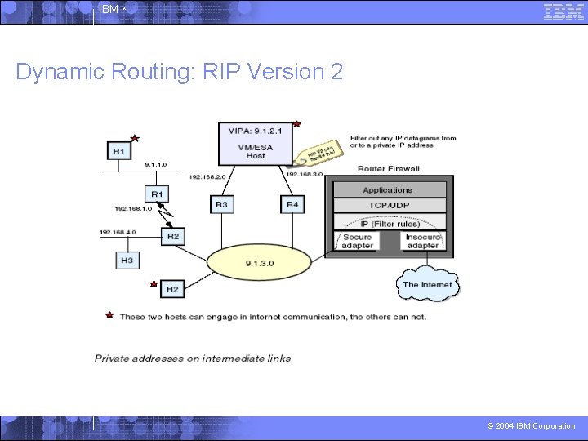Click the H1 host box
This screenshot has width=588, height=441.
click(119, 151)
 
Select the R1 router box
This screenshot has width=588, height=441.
click(157, 194)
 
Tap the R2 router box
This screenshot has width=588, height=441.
click(172, 236)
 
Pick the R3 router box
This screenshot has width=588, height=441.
click(221, 204)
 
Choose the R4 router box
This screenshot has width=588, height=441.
click(292, 204)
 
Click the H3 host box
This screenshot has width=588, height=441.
click(127, 260)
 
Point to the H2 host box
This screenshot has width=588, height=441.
click(172, 288)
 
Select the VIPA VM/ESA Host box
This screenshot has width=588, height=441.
click(256, 142)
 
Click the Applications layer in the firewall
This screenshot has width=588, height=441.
click(388, 189)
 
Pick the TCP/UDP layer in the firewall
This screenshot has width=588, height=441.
click(388, 205)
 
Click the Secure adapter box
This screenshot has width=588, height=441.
click(357, 241)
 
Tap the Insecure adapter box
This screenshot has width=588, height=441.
click(422, 241)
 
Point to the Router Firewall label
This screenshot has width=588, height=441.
click(389, 169)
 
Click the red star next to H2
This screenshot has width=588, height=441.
click(153, 284)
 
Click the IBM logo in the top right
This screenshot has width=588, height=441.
click(563, 11)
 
